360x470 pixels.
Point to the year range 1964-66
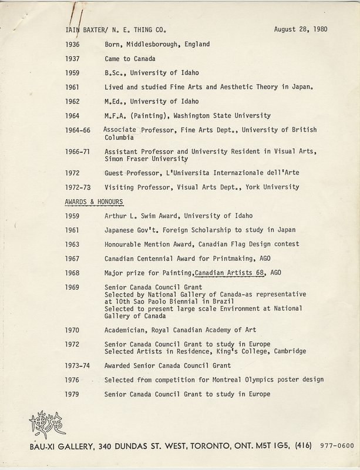78,129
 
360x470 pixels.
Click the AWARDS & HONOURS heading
94,202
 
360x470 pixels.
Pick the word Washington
198,115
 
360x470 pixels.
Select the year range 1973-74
78,365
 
